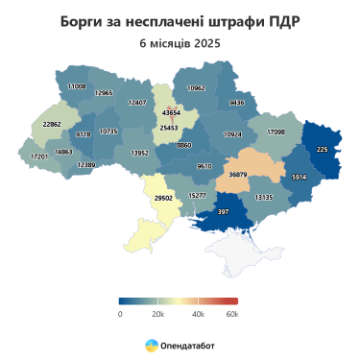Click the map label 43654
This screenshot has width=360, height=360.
tap(174, 113)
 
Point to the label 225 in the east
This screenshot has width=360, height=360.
tap(322, 149)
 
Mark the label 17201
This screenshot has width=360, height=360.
tap(39, 156)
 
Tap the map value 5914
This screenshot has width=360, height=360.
tap(299, 178)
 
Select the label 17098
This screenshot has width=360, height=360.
tap(276, 131)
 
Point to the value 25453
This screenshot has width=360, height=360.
tap(169, 127)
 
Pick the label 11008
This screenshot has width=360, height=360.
tap(75, 86)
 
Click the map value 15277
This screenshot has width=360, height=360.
tap(197, 195)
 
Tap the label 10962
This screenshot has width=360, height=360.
tap(196, 87)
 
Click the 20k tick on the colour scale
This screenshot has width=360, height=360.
tap(158, 313)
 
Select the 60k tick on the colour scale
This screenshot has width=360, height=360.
tap(231, 313)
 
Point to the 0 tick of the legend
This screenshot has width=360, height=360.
tap(120, 313)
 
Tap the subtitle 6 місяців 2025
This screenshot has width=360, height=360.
tap(180, 44)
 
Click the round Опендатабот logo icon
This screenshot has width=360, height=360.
tap(151, 344)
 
